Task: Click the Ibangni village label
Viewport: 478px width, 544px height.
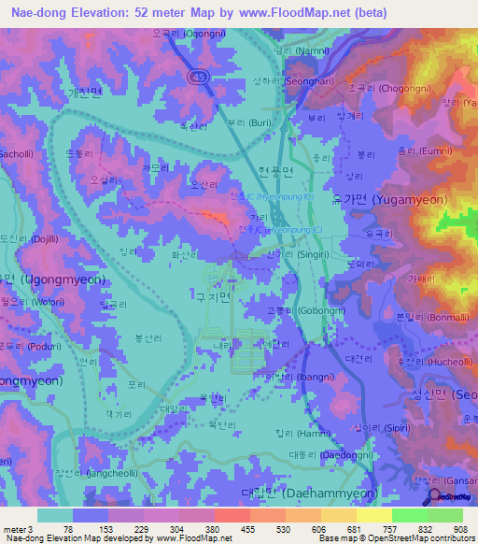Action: (x=292, y=378)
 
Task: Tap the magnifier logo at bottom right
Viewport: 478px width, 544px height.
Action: (x=436, y=496)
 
